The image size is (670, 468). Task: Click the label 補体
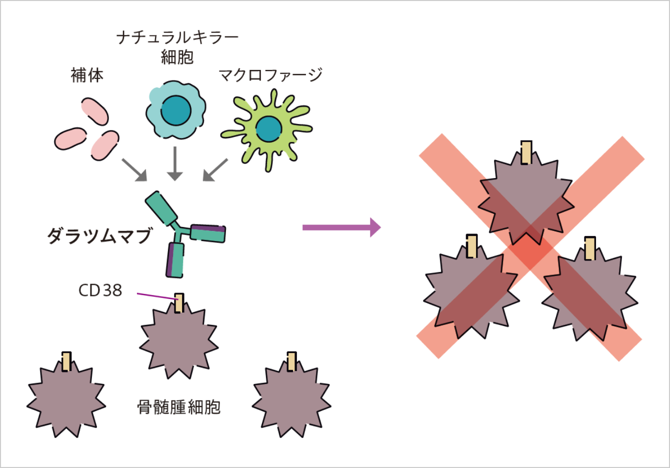(87, 75)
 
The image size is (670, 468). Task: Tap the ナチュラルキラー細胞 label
(177, 47)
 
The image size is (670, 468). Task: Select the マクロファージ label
(270, 75)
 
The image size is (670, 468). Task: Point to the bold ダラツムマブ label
(99, 235)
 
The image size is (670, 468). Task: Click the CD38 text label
(100, 290)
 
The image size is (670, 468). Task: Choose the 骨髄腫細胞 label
(178, 407)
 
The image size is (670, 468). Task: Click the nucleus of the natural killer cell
(175, 110)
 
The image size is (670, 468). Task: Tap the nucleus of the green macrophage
(268, 129)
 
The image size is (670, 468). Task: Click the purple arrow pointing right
(341, 227)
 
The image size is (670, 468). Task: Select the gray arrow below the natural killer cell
(174, 163)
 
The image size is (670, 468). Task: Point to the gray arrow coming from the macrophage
(215, 170)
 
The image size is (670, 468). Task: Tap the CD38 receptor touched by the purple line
(179, 302)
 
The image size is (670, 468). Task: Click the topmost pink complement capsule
(95, 111)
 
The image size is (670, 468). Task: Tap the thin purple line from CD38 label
(155, 296)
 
